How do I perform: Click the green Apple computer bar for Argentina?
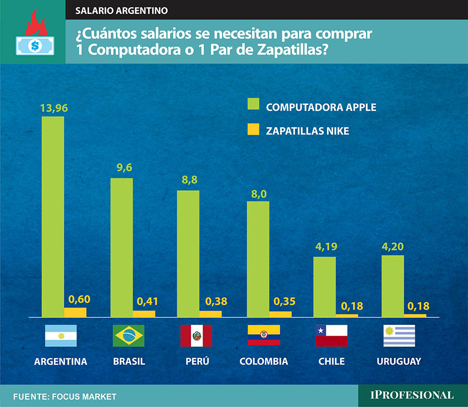tap(53, 216)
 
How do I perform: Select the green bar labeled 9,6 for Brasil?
tap(121, 247)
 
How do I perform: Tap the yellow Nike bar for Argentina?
tap(75, 312)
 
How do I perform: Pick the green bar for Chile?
tap(324, 286)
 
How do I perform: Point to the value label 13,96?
tap(54, 108)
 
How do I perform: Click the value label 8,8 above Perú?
tap(189, 181)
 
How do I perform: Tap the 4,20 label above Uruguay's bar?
tap(393, 247)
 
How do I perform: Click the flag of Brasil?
tap(129, 336)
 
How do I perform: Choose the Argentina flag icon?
tap(61, 336)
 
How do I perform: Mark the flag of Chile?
tap(331, 336)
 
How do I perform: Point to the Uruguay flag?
tap(399, 336)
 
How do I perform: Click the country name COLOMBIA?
tap(264, 361)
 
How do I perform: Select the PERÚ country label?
tap(197, 361)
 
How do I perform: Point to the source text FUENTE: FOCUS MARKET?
tap(64, 397)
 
